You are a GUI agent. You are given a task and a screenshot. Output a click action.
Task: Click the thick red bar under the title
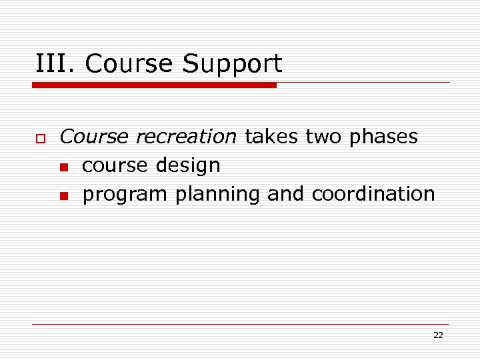pyautogui.click(x=154, y=85)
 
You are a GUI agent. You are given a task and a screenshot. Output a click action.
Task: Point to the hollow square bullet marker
pyautogui.click(x=40, y=138)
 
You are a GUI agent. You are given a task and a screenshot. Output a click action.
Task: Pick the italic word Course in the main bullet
pyautogui.click(x=93, y=137)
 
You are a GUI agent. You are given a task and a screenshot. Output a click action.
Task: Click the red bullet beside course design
pyautogui.click(x=63, y=167)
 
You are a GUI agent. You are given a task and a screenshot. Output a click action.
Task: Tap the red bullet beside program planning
pyautogui.click(x=63, y=195)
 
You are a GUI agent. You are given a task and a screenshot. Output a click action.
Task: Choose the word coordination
pyautogui.click(x=373, y=194)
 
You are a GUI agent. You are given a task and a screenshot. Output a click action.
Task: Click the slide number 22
pyautogui.click(x=437, y=335)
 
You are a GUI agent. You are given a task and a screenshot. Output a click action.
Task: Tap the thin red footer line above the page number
pyautogui.click(x=240, y=324)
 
